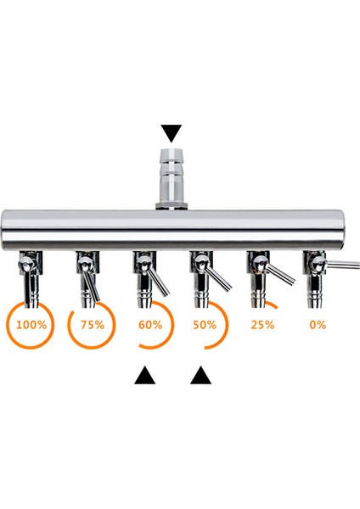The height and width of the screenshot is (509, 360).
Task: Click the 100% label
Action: click(31, 324)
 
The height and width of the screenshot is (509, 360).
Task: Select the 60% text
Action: click(149, 324)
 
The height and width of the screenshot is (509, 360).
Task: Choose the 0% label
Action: click(318, 324)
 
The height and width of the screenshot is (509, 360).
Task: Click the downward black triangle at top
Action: click(172, 133)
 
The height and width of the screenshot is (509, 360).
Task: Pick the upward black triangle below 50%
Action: click(200, 374)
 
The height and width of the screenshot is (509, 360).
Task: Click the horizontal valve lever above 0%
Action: click(341, 266)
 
